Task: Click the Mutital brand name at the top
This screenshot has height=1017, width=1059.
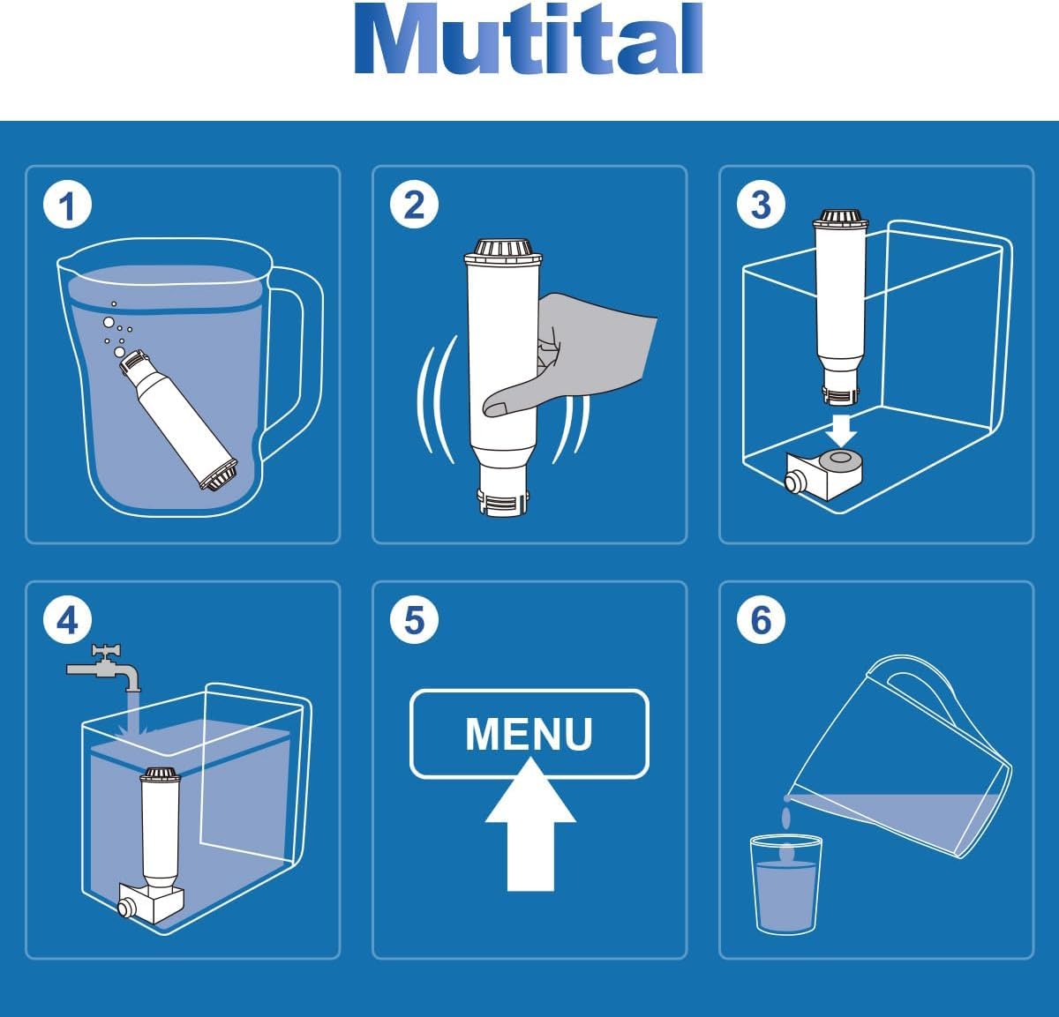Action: (x=529, y=38)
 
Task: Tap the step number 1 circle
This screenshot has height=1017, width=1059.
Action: (x=67, y=206)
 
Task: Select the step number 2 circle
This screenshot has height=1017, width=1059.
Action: (x=414, y=205)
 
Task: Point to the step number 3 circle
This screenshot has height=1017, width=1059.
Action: (x=761, y=205)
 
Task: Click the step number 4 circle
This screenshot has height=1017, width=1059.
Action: (x=67, y=619)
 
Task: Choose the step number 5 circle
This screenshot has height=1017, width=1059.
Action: (x=414, y=619)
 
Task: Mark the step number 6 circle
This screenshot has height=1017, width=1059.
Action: (x=761, y=619)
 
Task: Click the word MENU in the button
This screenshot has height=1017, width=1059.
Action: (x=529, y=734)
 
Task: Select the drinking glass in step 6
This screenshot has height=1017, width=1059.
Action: (x=785, y=885)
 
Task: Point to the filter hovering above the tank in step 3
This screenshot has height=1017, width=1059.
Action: (x=840, y=307)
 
